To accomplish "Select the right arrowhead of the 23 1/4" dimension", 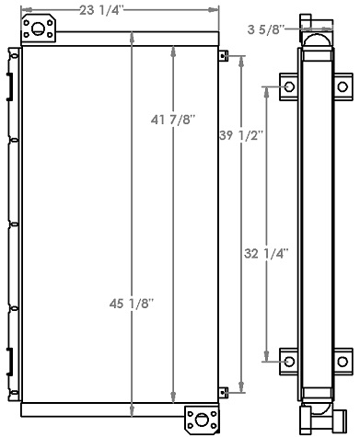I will [217, 12].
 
